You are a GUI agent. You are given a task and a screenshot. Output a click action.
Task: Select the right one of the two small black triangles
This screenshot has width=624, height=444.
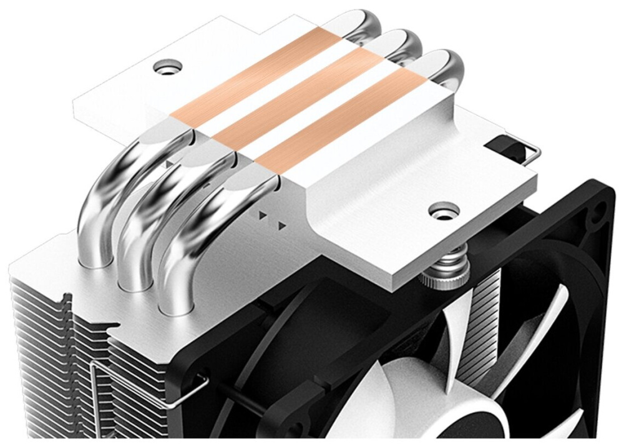tap(283, 224)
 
